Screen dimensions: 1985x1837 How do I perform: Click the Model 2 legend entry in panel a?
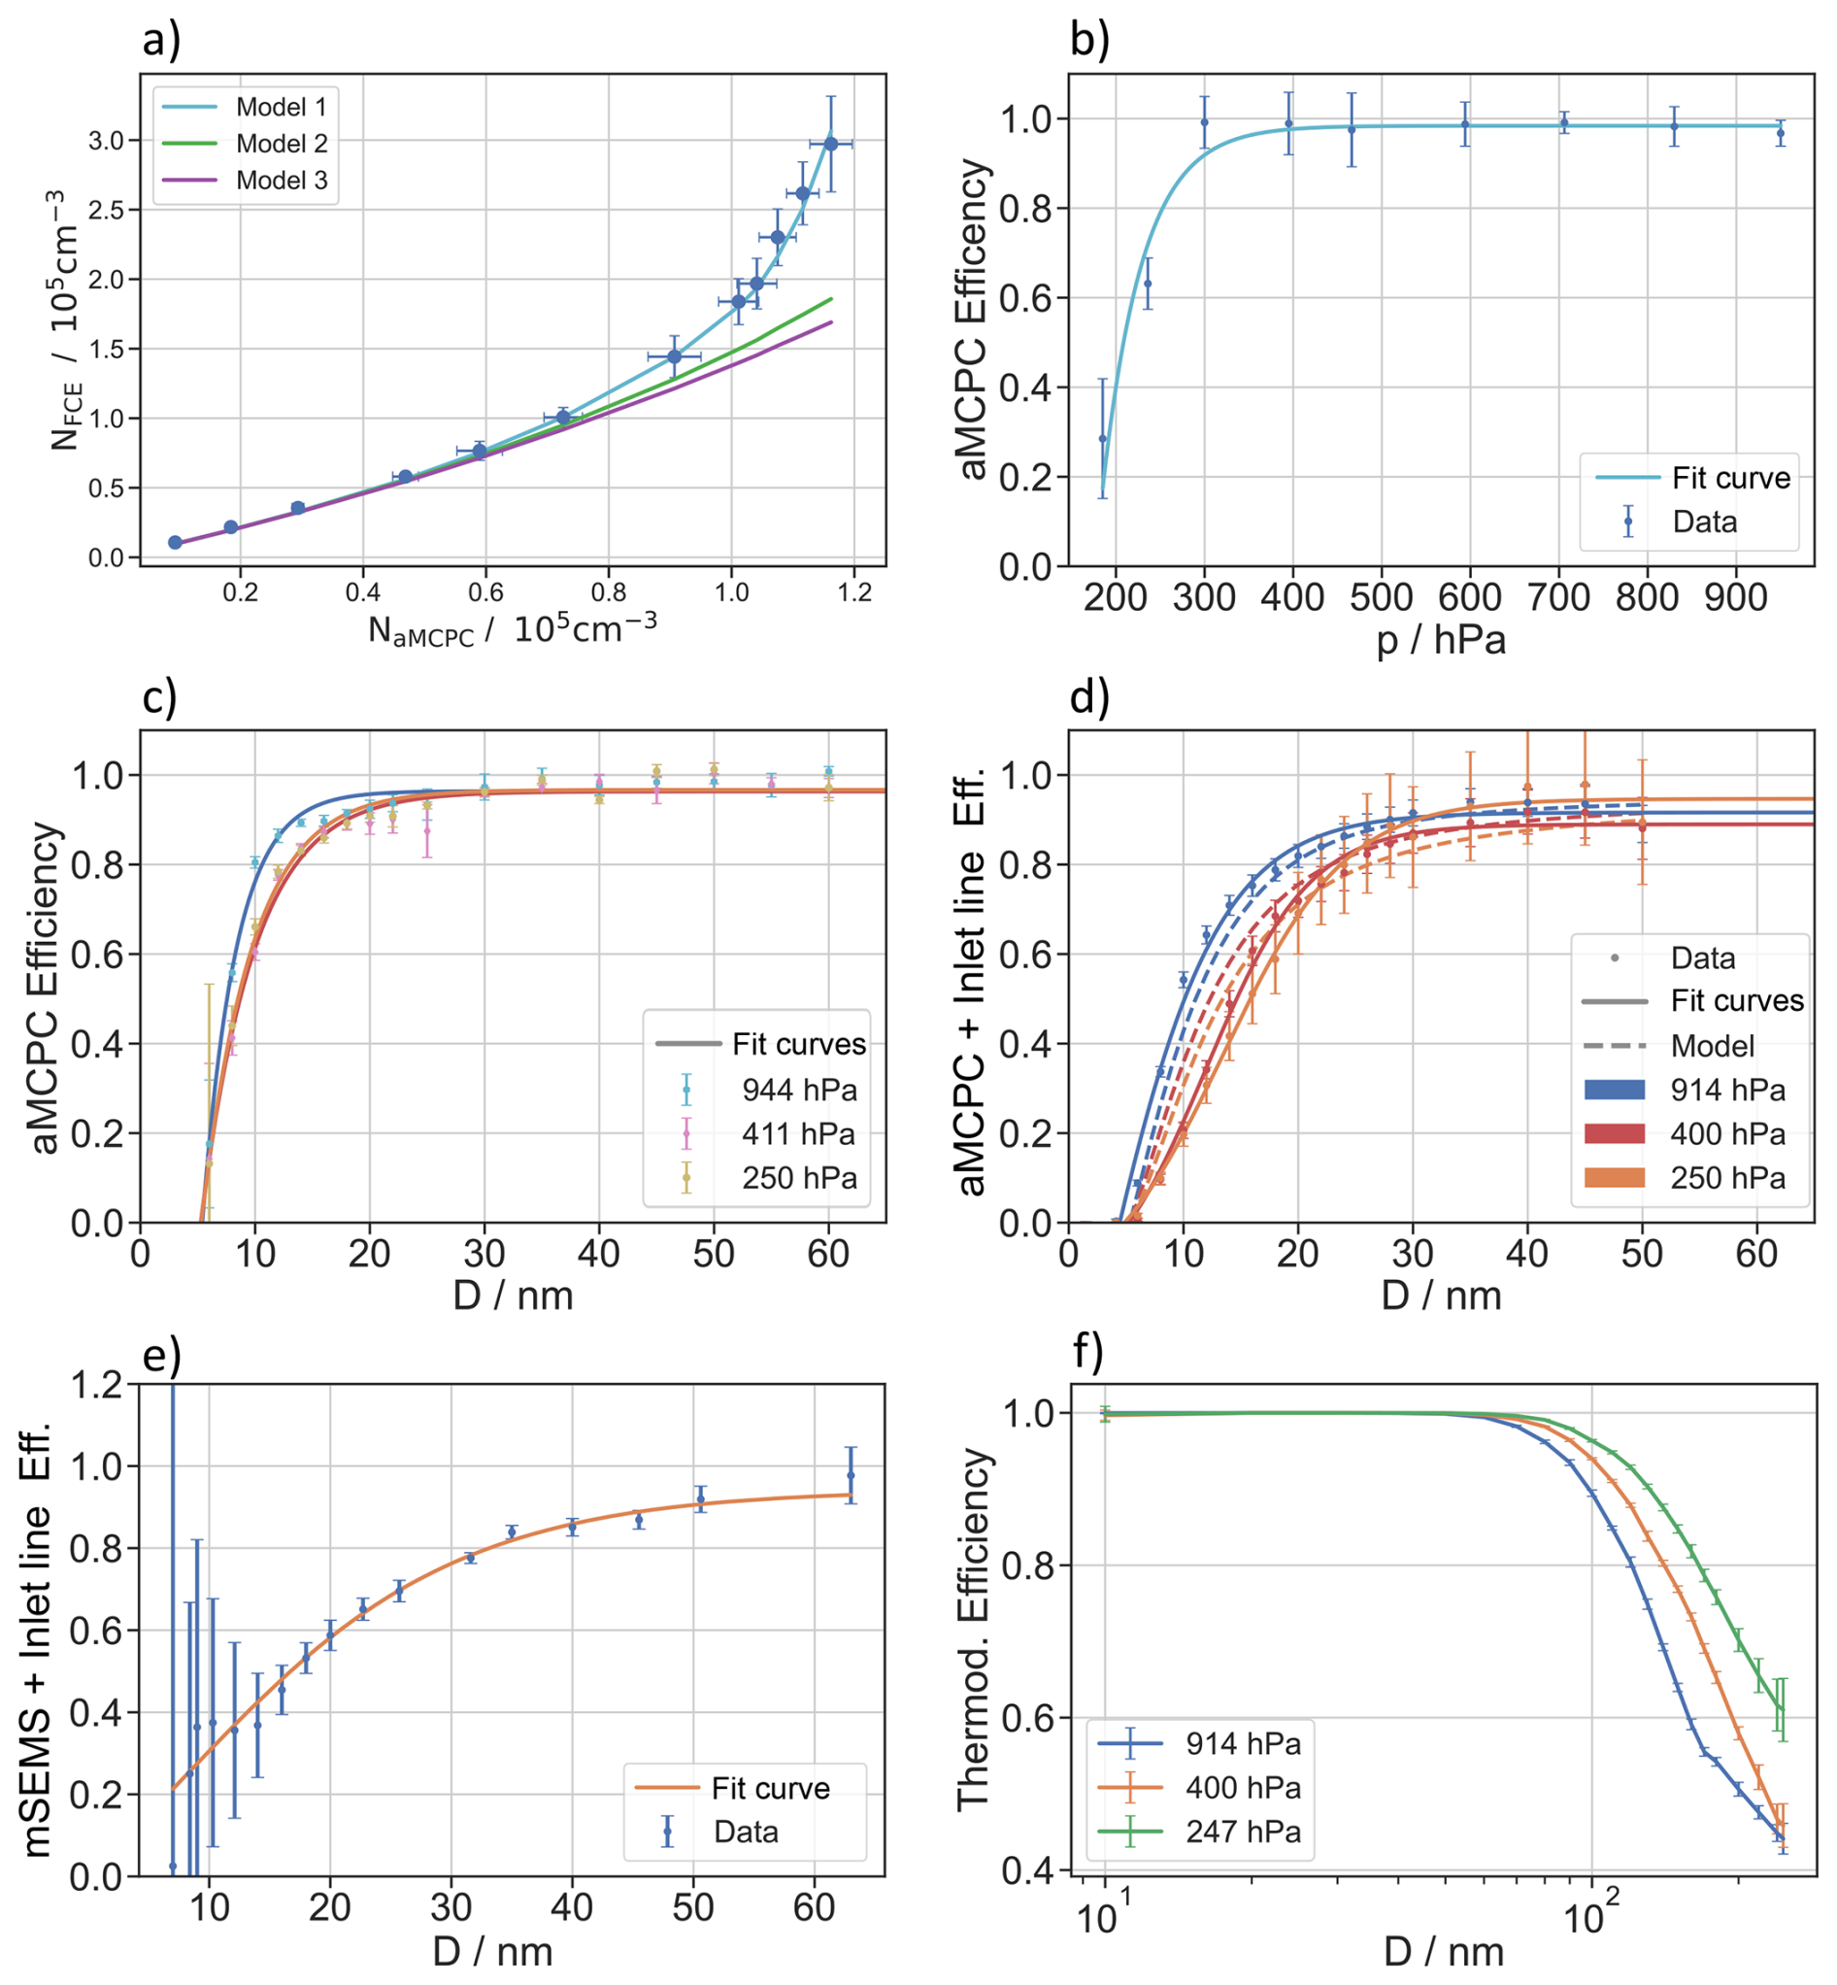click(x=282, y=144)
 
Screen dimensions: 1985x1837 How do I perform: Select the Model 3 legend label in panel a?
click(x=282, y=181)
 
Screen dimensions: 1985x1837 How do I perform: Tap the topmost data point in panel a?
click(x=831, y=144)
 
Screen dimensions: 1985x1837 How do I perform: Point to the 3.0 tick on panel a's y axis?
click(x=107, y=141)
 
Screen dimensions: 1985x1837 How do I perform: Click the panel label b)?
click(x=1090, y=40)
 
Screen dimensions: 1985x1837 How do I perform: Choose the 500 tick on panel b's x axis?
click(x=1381, y=598)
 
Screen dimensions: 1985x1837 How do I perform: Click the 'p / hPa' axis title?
click(x=1441, y=641)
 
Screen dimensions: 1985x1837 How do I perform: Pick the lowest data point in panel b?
click(x=1102, y=438)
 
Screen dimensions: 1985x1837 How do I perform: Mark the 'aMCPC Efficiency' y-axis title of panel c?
click(x=46, y=988)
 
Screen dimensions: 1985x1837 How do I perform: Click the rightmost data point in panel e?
click(x=850, y=1476)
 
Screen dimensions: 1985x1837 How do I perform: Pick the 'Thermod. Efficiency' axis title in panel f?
click(x=974, y=1631)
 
